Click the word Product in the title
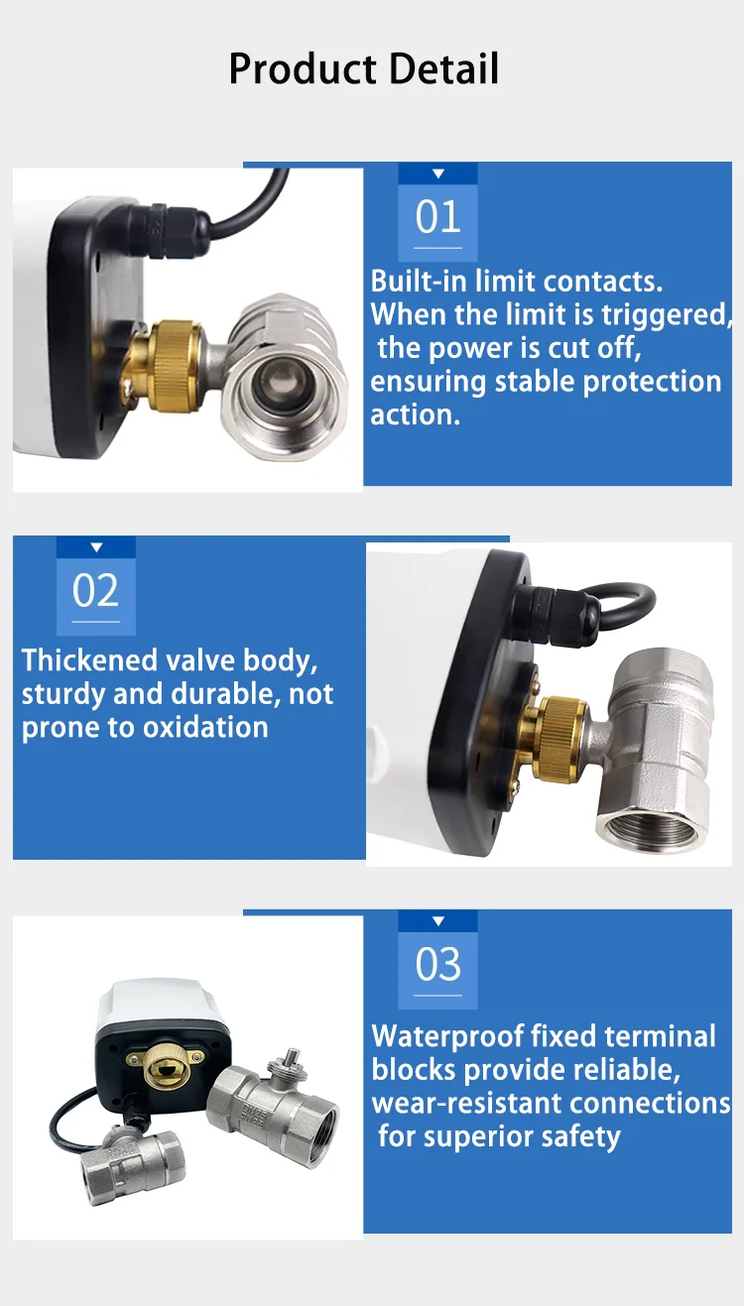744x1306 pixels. [303, 69]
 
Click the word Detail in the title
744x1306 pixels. [443, 68]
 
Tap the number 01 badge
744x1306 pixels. [437, 217]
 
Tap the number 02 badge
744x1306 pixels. [95, 591]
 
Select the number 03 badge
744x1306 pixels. [437, 964]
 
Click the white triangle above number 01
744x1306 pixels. [438, 174]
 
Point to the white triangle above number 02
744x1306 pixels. [97, 546]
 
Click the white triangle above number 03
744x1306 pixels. [438, 921]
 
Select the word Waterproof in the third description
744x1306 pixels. [447, 1037]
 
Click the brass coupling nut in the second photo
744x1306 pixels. [559, 738]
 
